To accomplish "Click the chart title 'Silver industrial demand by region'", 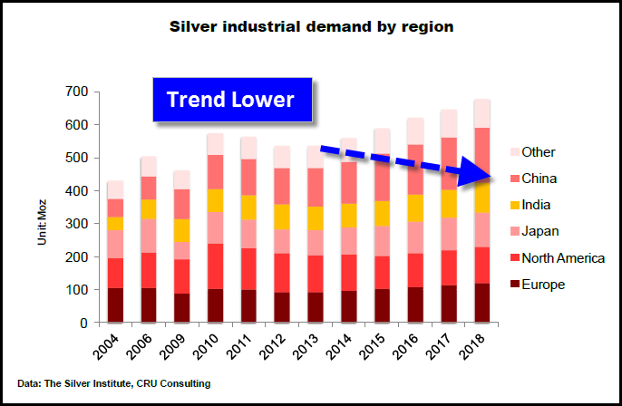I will (312, 26).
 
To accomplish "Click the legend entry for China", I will (539, 179).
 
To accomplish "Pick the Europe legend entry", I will (543, 285).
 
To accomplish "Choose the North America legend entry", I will (562, 258).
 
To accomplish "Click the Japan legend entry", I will (541, 231).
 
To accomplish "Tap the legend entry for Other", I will (539, 152).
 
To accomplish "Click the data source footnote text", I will (113, 384).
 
